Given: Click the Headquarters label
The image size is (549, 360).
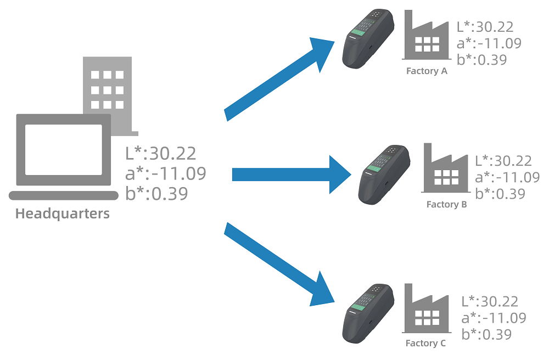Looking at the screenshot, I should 62,213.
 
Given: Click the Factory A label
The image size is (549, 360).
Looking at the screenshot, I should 427,71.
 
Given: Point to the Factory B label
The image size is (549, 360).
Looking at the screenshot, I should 446,205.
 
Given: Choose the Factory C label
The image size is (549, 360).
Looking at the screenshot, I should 425,344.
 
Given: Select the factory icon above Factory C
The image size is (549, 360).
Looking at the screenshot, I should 426,311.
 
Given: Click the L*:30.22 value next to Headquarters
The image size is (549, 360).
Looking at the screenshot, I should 160,153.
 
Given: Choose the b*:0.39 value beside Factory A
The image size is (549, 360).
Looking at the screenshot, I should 481,59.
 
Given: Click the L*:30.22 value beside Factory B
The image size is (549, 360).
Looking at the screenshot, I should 503,161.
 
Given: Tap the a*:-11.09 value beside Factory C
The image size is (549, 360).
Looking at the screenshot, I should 494,318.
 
